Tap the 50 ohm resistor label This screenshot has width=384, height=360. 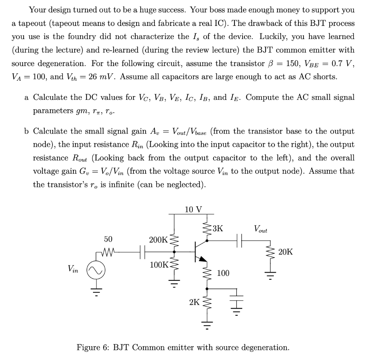[108, 239]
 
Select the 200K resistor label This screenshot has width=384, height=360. [158, 239]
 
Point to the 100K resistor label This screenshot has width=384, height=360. [159, 265]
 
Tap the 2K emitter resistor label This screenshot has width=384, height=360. [194, 302]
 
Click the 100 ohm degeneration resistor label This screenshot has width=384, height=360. [223, 273]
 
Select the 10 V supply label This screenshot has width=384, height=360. [193, 209]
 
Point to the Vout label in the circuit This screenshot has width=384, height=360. [261, 229]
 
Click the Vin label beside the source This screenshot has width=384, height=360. [73, 269]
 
